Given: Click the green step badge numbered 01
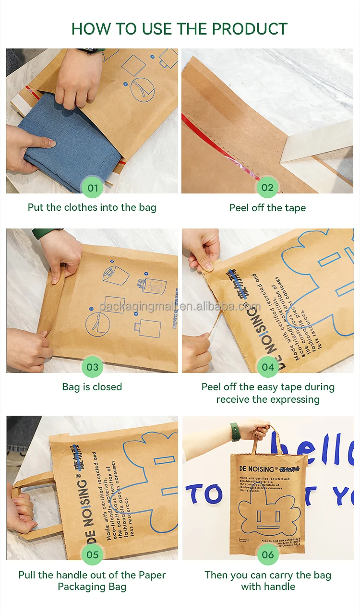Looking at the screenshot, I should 93,188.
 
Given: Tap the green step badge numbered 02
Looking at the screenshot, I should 267,188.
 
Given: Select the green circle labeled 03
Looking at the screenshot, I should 93,367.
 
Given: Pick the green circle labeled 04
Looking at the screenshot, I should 267,367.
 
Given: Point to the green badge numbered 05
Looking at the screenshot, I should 93,555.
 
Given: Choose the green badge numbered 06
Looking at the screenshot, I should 267,555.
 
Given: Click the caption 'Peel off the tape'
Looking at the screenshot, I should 267,208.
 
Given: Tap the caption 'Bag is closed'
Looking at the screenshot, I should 92,387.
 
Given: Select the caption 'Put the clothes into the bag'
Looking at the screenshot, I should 92,207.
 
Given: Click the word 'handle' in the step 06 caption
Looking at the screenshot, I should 280,587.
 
